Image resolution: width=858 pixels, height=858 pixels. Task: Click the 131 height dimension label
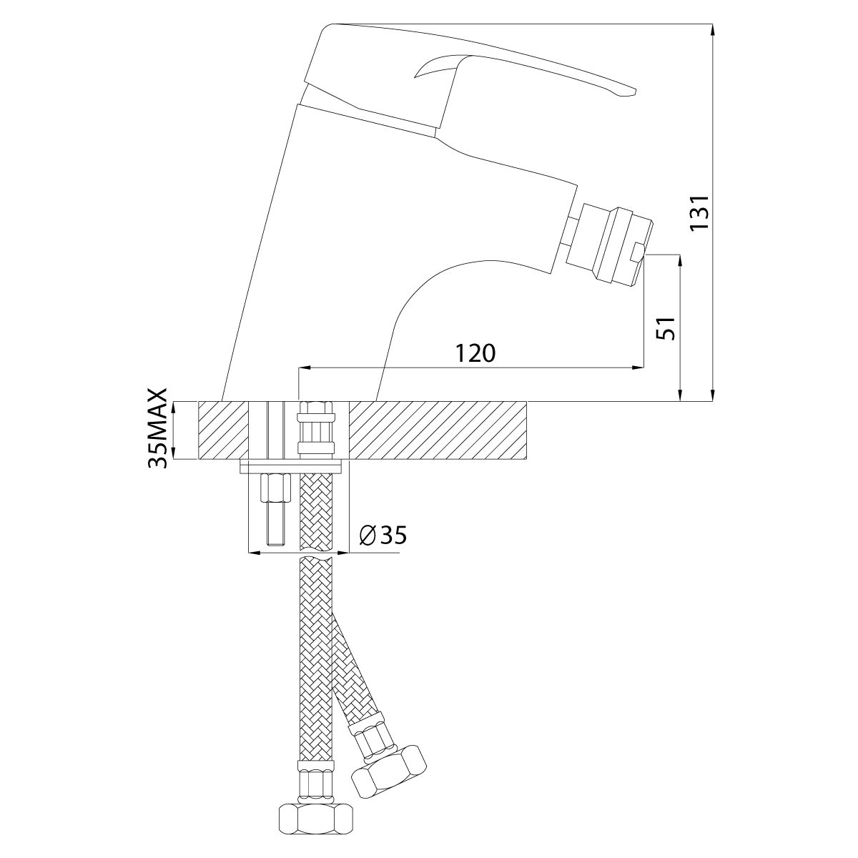tap(699, 212)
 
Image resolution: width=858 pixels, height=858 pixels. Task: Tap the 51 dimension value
tap(666, 329)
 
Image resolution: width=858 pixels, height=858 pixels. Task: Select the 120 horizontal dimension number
tap(475, 353)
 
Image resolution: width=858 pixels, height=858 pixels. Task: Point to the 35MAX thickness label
tap(157, 428)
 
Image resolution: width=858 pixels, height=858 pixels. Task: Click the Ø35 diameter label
tap(383, 536)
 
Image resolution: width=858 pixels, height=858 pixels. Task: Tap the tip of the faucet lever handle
tap(636, 92)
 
